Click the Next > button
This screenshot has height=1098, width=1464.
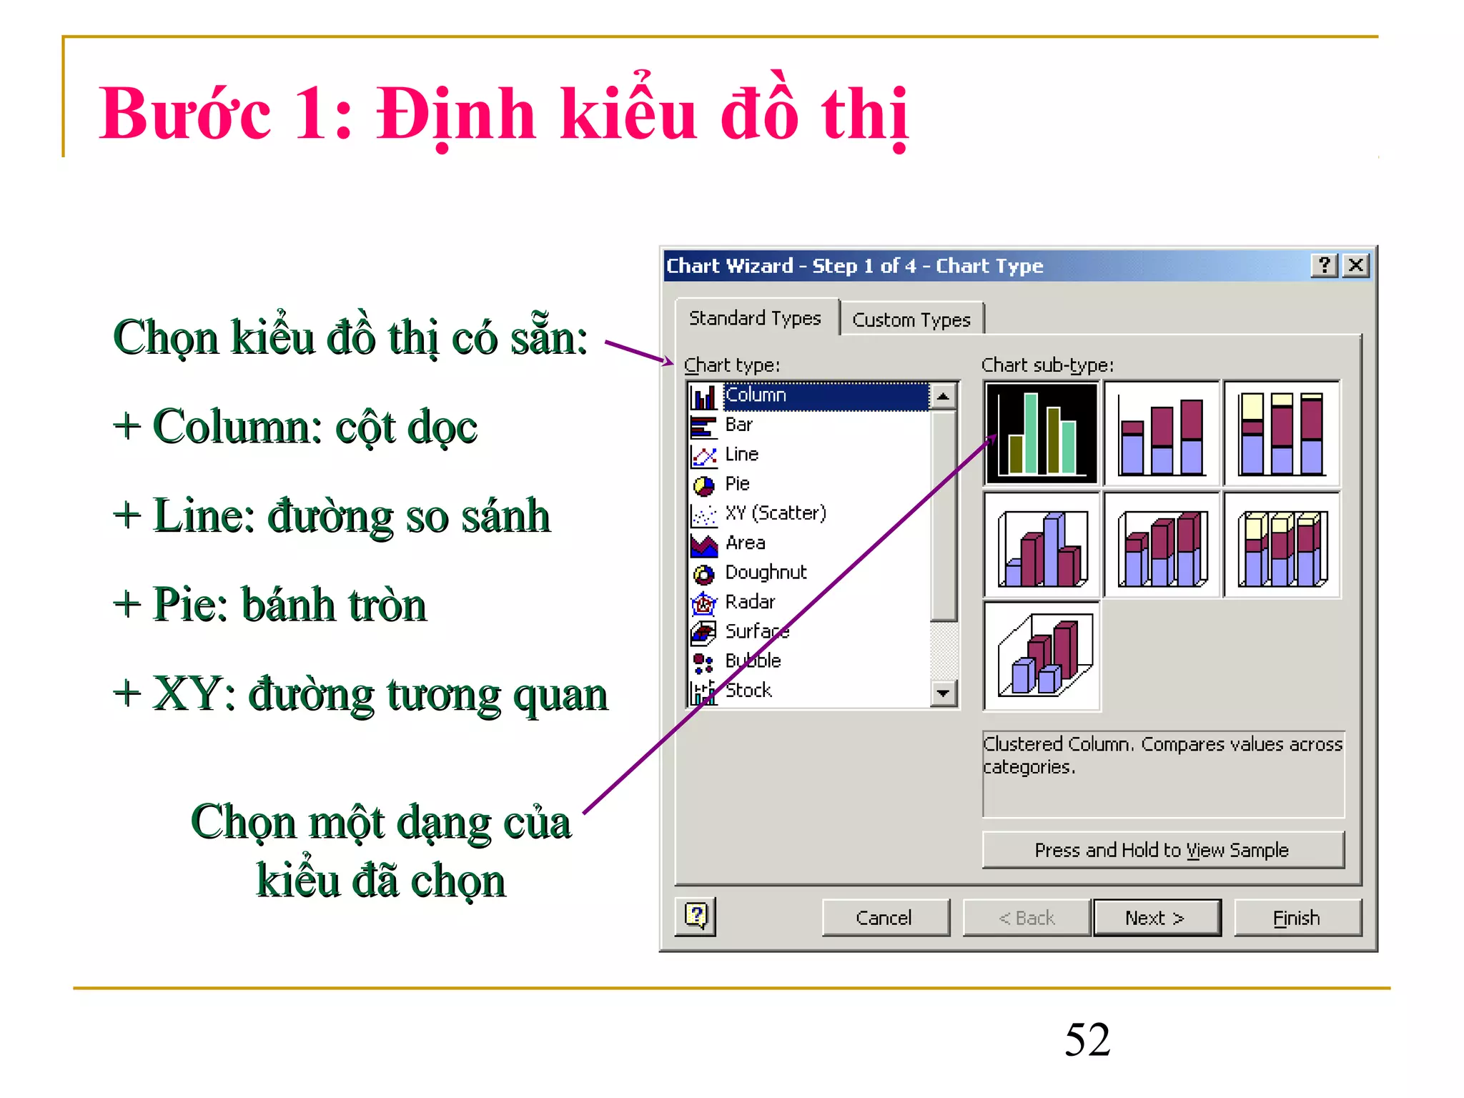(x=1156, y=918)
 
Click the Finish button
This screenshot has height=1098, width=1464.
(x=1297, y=918)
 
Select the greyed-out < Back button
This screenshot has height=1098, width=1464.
(x=1027, y=918)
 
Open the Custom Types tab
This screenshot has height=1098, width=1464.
(x=911, y=320)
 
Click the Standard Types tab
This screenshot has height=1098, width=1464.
(x=755, y=318)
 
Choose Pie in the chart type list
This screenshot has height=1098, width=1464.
(x=737, y=484)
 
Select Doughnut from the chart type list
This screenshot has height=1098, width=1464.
(x=765, y=573)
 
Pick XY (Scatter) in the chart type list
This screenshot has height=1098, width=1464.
(x=775, y=513)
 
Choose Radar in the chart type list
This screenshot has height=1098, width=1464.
(x=749, y=602)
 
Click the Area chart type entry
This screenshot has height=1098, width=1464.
(x=745, y=543)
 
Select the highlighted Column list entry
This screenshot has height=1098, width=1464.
(x=756, y=395)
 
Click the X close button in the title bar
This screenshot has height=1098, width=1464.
(x=1355, y=265)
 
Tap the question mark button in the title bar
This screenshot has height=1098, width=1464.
(x=1325, y=265)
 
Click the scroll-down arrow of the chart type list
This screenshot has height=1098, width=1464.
(x=944, y=693)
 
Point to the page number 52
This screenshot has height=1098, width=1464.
(x=1087, y=1039)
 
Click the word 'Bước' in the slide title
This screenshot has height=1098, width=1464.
(x=185, y=114)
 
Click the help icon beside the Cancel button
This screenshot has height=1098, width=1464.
(x=696, y=916)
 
